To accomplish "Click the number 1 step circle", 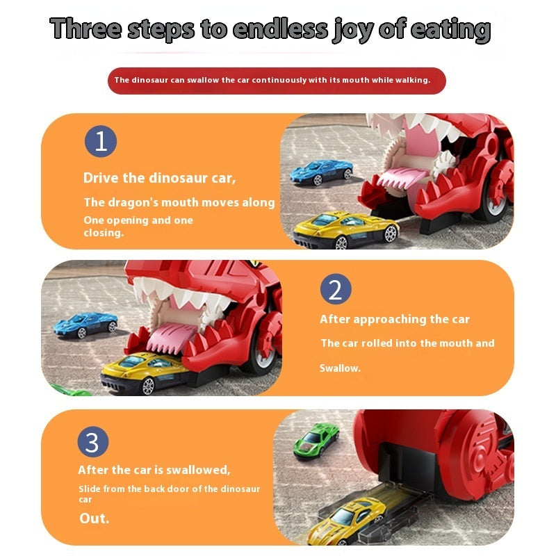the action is (x=101, y=141).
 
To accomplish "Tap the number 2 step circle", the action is (x=336, y=289).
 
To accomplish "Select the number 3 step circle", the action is (x=93, y=442).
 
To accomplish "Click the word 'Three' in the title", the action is (x=85, y=28).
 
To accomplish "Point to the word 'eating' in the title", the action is (x=451, y=30).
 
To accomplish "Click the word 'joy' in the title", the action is (x=353, y=31).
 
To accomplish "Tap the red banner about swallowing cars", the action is (x=277, y=81).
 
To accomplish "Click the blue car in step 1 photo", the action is (x=321, y=172).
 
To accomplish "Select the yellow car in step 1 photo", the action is (x=346, y=229).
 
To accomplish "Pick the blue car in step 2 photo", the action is (x=85, y=325).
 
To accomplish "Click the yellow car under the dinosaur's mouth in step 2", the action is (x=145, y=372).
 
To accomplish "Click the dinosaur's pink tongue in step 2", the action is (x=171, y=337).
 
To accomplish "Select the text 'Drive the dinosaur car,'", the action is (x=160, y=178).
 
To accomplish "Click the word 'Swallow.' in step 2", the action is (x=340, y=368).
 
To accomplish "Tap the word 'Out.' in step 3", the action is (x=95, y=518).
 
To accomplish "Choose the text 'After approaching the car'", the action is (x=395, y=320).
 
